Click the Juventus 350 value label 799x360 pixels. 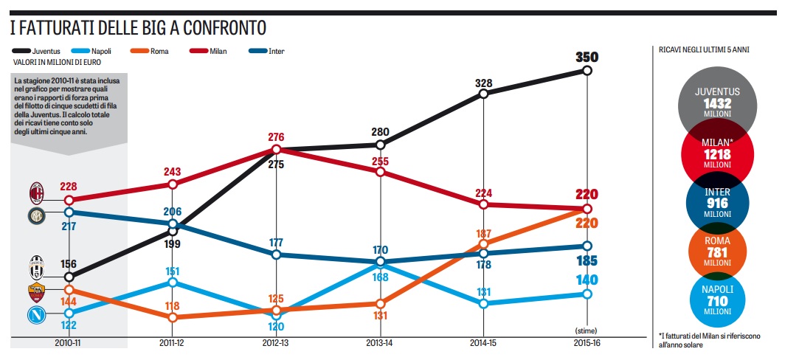click(587, 58)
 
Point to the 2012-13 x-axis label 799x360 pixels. click(276, 343)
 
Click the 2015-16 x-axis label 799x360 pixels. click(587, 343)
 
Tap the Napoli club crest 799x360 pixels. click(36, 315)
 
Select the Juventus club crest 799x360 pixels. click(36, 266)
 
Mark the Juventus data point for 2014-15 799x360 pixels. click(483, 94)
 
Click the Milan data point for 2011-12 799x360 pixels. click(172, 184)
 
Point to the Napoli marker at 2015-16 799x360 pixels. click(587, 294)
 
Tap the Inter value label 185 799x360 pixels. click(587, 260)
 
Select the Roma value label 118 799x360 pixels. click(172, 306)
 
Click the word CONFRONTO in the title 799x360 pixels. click(222, 28)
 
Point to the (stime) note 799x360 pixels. click(587, 330)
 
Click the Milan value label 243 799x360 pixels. click(172, 170)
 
